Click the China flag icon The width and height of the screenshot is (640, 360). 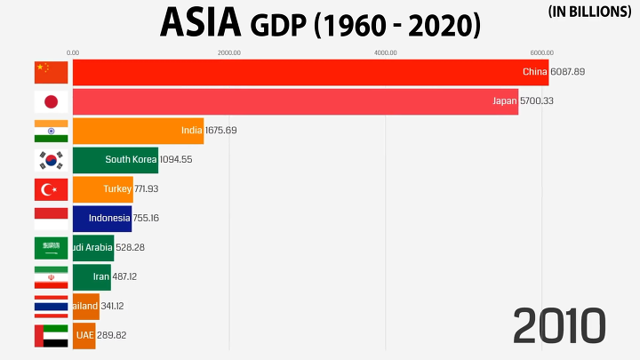coord(51,72)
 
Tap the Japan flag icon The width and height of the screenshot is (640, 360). coord(51,101)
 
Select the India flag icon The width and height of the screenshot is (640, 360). coord(51,131)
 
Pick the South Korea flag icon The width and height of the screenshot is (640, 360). coord(51,160)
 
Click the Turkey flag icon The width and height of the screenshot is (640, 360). coord(51,189)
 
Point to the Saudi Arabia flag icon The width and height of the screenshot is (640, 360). coord(51,248)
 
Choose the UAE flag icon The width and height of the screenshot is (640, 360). coord(51,335)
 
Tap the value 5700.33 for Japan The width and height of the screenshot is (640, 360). coord(536,101)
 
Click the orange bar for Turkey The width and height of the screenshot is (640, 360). coord(102,189)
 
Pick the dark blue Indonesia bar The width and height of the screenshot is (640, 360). coord(101,218)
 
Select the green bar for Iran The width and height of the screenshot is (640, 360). coord(92,276)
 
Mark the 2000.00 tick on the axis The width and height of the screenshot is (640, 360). coord(228,52)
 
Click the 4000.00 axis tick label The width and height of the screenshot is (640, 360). coord(385,52)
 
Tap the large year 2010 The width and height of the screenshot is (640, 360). coord(559,325)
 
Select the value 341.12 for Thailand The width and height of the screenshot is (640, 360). coord(118,306)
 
